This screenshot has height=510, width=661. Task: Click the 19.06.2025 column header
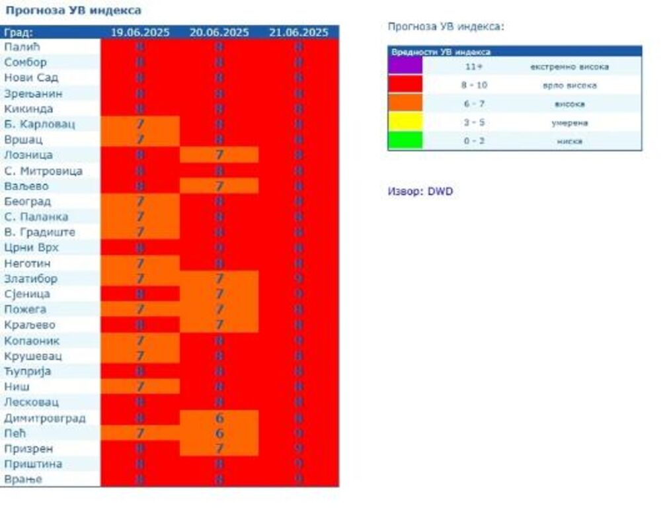click(x=140, y=32)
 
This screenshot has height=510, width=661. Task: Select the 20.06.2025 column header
click(x=219, y=32)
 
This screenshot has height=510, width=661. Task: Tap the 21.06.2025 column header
click(x=299, y=32)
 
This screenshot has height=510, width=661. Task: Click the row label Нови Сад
click(x=31, y=78)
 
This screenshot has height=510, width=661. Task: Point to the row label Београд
click(x=27, y=202)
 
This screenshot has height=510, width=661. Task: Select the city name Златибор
click(x=30, y=279)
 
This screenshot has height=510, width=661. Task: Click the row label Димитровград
click(x=45, y=418)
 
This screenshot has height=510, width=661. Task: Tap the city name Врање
click(x=23, y=480)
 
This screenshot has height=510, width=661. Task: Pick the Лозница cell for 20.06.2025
click(x=219, y=155)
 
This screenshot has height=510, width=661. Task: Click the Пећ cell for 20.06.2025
click(x=219, y=433)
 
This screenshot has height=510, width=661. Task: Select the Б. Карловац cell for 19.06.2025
click(x=140, y=124)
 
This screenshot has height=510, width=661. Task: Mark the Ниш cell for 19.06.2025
click(x=140, y=387)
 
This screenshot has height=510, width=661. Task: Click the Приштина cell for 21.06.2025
click(x=299, y=464)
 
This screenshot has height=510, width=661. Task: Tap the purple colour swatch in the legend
click(x=405, y=66)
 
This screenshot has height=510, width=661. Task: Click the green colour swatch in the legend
click(x=405, y=141)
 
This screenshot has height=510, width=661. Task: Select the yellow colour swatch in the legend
click(x=405, y=122)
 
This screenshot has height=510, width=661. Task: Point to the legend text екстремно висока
click(x=569, y=67)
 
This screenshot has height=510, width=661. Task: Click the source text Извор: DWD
click(x=420, y=192)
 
